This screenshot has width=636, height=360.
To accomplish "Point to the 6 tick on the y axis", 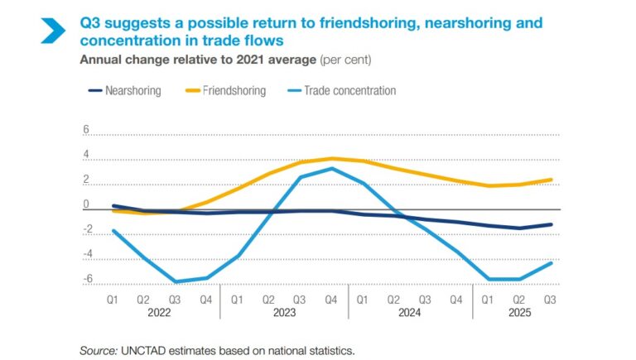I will pos(85,130).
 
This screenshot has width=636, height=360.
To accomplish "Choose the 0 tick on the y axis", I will pos(85,204).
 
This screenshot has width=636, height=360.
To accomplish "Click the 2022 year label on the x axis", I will pos(159,313).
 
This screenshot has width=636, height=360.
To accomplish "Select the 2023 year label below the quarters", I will pos(283,313).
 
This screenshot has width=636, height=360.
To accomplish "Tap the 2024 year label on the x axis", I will pos(408,313).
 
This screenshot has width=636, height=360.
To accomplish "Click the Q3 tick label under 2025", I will pos(548,300).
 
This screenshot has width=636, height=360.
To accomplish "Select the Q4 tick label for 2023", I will pos(330,300).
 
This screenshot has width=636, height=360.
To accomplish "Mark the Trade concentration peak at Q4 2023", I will pos(331,169).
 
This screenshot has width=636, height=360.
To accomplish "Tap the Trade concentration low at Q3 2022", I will pos(175,282).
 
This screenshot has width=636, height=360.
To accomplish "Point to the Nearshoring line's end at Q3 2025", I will pos(552,224).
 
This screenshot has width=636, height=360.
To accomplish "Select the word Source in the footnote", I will pos(98,351).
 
